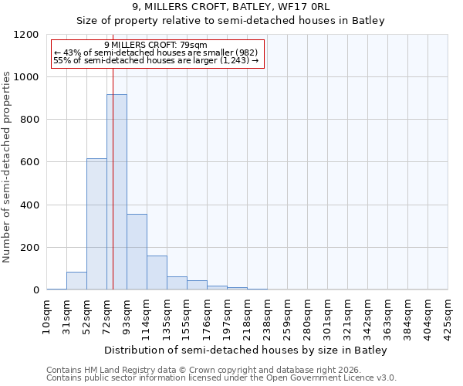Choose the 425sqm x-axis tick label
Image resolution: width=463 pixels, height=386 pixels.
coord(448,314)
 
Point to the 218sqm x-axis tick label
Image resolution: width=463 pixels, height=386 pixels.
coord(247,314)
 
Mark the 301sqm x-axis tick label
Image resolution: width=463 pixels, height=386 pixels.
coord(327,314)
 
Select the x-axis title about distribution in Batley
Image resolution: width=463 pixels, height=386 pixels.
coord(247,350)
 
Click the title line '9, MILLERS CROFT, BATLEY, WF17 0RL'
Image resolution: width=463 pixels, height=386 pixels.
coord(231,7)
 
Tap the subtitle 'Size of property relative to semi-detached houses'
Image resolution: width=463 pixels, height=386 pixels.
coord(231,21)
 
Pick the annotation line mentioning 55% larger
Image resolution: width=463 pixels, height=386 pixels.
coord(157,60)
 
